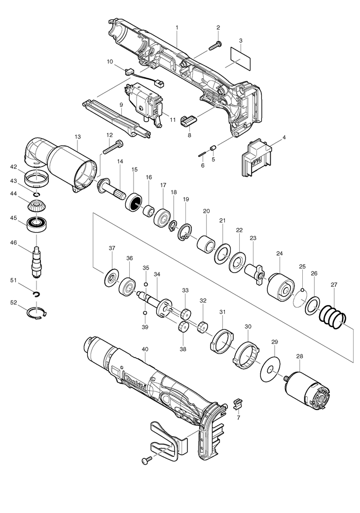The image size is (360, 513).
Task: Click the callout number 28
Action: pyautogui.click(x=299, y=356)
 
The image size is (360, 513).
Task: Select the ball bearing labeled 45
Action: pyautogui.click(x=36, y=226)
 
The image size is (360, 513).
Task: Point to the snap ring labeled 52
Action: pyautogui.click(x=37, y=313)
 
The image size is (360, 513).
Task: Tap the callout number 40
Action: pyautogui.click(x=144, y=349)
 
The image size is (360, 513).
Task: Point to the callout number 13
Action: pyautogui.click(x=77, y=136)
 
